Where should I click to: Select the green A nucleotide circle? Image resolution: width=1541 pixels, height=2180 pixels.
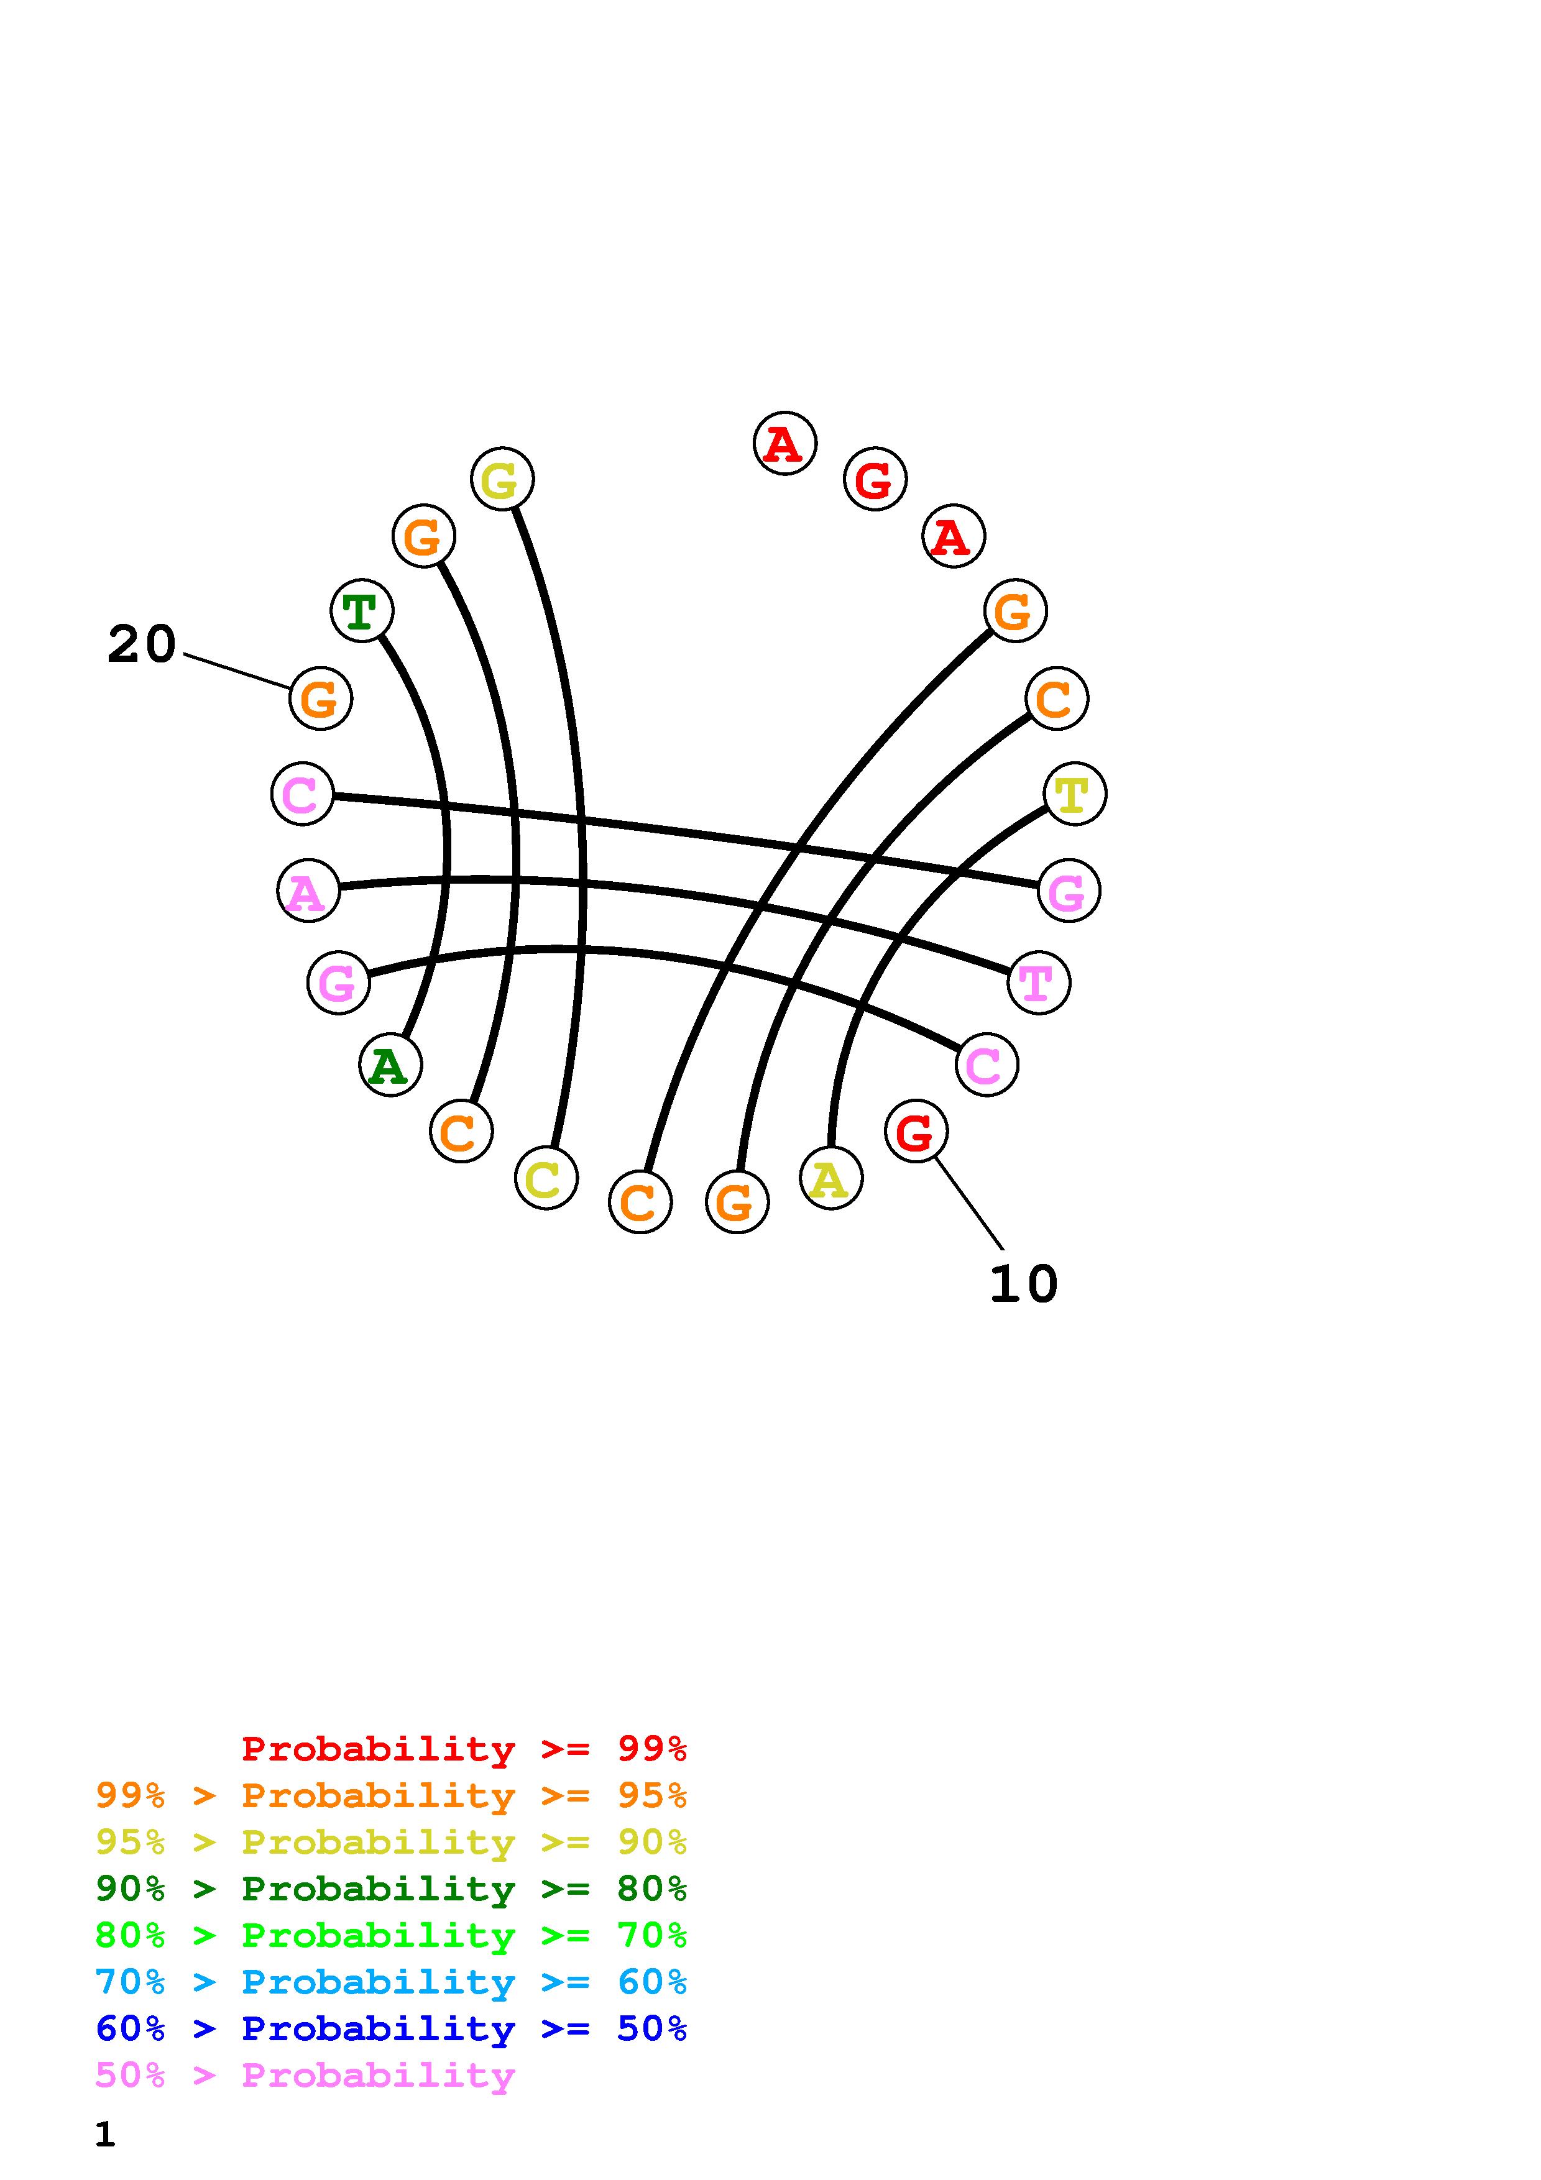point(390,1065)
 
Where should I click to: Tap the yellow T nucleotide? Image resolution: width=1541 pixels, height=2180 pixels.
point(1075,794)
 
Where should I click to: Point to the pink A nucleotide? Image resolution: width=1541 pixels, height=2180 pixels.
point(308,891)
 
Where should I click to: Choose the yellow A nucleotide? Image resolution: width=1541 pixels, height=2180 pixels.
point(830,1178)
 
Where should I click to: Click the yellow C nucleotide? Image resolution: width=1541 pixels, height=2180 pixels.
point(546,1178)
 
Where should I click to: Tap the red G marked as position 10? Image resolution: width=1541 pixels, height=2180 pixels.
point(915,1132)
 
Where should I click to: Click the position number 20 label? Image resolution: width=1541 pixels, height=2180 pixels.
point(142,644)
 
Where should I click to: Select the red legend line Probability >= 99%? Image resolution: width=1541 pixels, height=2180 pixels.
point(464,1748)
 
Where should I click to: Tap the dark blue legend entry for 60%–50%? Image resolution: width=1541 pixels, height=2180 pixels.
point(391,2028)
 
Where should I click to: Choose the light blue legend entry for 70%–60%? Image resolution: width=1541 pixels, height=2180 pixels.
point(391,1982)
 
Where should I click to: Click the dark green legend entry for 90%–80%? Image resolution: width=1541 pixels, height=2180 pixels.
point(391,1889)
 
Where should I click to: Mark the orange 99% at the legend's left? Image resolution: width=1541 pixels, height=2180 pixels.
point(130,1795)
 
